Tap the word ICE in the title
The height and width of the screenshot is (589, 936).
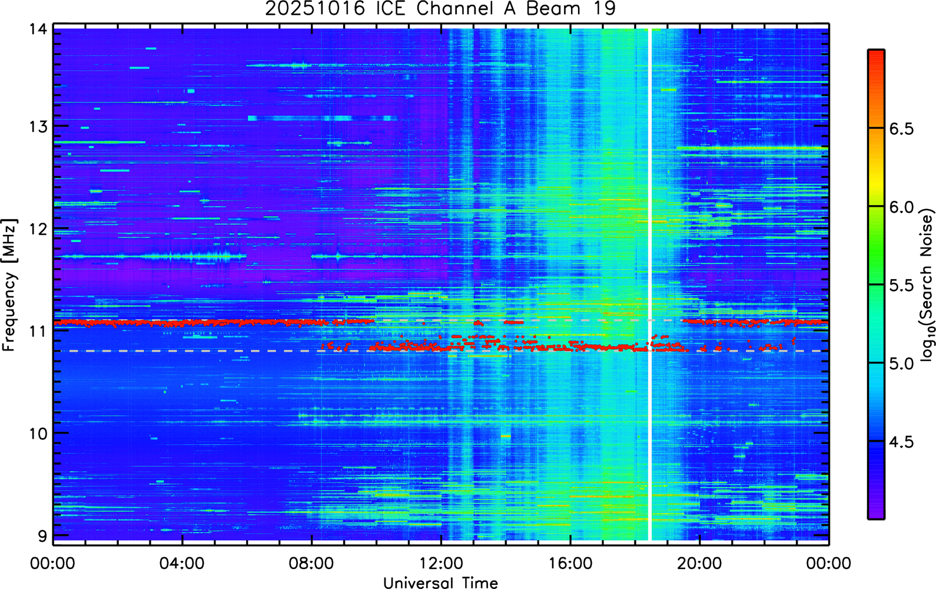tap(390, 8)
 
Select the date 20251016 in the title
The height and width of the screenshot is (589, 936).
tap(315, 8)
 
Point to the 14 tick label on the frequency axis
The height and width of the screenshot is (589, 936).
tap(38, 30)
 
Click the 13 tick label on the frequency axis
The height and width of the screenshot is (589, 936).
tap(38, 126)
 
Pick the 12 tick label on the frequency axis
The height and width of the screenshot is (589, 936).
tap(38, 229)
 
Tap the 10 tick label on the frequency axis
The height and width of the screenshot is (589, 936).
tap(38, 434)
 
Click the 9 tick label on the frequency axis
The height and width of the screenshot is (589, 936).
tap(42, 536)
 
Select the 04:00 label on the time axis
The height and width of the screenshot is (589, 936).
tap(182, 563)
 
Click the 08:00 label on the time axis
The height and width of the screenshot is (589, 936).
tap(312, 563)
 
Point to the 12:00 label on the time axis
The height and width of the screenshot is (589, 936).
tap(442, 563)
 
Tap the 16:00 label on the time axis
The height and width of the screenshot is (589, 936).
tap(571, 563)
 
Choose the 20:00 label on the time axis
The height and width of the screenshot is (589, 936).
tap(700, 563)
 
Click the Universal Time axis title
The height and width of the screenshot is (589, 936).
tap(441, 583)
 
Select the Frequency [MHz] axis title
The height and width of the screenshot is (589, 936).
tap(10, 285)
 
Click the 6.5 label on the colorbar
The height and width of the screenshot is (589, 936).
tap(902, 129)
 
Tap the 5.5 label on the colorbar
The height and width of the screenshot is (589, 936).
tap(902, 286)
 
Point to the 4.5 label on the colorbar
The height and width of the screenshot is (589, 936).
tap(902, 442)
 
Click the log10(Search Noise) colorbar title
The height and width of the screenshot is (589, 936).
tap(927, 284)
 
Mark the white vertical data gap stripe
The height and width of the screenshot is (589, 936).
tap(650, 284)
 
